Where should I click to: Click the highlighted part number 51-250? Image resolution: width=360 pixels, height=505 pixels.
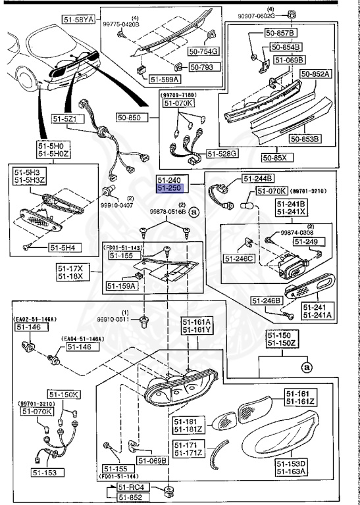(169, 188)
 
